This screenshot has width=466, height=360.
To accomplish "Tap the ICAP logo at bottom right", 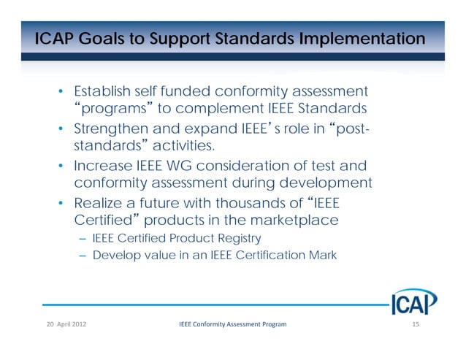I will pyautogui.click(x=413, y=301).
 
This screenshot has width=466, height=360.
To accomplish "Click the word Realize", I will pyautogui.click(x=99, y=203).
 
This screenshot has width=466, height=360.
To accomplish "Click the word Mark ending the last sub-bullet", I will pyautogui.click(x=321, y=256).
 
